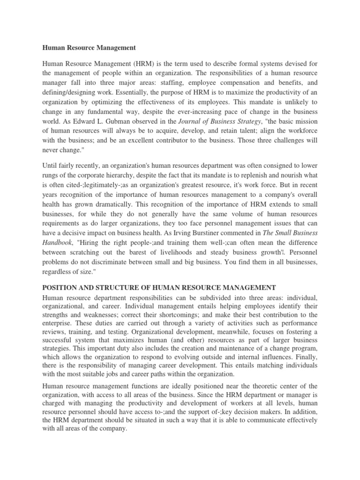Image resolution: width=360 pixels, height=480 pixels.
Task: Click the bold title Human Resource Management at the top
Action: (x=89, y=47)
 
